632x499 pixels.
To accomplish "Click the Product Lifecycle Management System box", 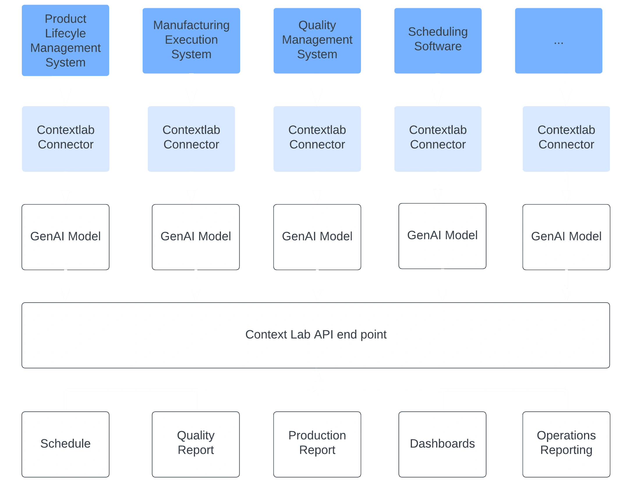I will [x=65, y=40].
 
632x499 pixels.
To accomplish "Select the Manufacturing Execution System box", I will [x=191, y=40].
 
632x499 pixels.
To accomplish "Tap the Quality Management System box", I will [x=317, y=40].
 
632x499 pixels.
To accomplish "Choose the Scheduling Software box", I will [x=438, y=40].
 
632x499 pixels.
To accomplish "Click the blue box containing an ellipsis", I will [x=558, y=40].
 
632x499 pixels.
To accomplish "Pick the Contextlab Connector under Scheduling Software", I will [x=438, y=139].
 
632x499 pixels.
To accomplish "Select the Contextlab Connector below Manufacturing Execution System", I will [x=191, y=139].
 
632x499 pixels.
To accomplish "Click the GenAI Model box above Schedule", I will [x=65, y=237].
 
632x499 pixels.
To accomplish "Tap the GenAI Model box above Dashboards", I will [x=442, y=236].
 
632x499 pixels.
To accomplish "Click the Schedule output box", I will [x=65, y=444].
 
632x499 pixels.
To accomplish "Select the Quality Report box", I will [x=196, y=444].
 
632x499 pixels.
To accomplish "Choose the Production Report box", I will [x=317, y=444].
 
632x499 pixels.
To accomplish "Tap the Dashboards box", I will [x=442, y=444].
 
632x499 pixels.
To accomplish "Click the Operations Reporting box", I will [x=566, y=444].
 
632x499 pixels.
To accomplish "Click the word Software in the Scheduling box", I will [x=438, y=47].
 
